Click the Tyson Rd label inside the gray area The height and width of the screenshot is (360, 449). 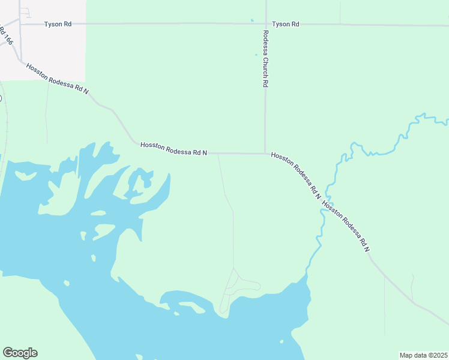tap(58, 24)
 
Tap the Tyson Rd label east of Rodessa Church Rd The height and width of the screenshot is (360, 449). tap(285, 24)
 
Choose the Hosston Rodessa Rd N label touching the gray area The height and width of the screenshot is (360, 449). tap(57, 79)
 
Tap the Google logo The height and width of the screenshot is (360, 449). tap(20, 353)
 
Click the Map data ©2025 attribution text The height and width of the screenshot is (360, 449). tap(423, 355)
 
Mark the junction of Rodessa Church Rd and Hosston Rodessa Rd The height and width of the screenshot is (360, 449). tap(265, 153)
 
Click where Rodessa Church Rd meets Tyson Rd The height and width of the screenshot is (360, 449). tap(265, 24)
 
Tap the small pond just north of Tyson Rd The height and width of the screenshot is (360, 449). tap(252, 20)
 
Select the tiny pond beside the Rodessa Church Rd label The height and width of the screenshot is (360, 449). tap(256, 55)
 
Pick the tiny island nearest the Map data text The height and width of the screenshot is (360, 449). tap(282, 342)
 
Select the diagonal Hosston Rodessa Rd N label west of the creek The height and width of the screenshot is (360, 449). tap(295, 175)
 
